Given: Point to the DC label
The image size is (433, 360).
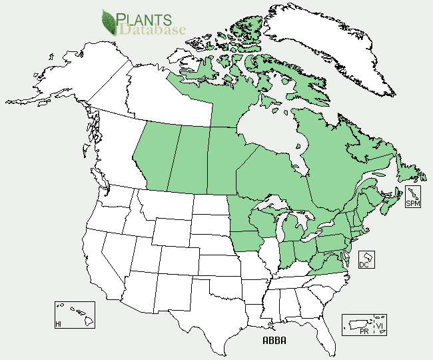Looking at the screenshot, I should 364,265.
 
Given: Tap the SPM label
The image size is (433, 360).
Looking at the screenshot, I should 413,203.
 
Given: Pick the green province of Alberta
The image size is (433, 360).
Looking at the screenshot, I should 155,157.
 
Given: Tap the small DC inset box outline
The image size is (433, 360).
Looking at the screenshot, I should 366,259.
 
